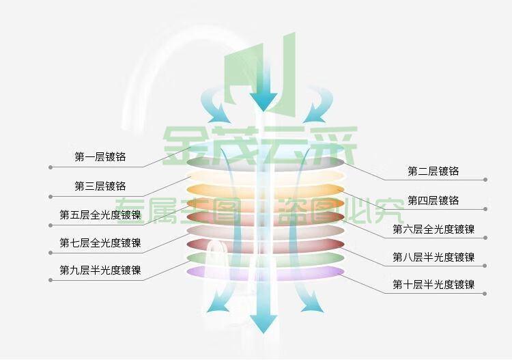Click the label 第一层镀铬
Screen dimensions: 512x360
[100, 157]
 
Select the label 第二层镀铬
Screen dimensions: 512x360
[433, 171]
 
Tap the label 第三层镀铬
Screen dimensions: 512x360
[100, 186]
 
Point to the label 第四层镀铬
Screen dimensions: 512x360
[433, 200]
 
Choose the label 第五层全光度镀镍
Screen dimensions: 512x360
[100, 214]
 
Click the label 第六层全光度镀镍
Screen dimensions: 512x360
[433, 229]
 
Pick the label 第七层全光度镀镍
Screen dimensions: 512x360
[100, 243]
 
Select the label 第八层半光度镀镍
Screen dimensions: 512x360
[433, 257]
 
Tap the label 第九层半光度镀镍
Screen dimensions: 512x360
[100, 270]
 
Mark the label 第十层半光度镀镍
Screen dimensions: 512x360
[433, 285]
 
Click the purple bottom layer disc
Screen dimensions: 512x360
[265, 273]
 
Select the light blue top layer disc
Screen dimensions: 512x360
[265, 148]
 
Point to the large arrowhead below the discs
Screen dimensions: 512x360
[264, 324]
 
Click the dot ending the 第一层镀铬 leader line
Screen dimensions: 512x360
[51, 167]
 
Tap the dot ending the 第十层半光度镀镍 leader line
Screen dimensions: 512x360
[485, 294]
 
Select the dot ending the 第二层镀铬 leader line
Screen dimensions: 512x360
[485, 180]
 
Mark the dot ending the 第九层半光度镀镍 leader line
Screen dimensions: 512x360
[51, 280]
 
